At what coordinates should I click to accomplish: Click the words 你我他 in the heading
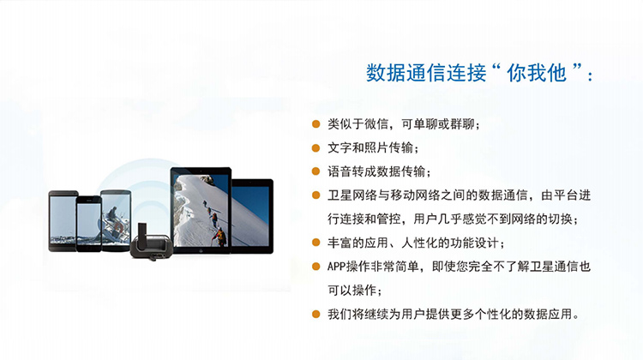[537, 73]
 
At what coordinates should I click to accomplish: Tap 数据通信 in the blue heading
[406, 73]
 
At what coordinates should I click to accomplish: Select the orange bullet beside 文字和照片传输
[315, 148]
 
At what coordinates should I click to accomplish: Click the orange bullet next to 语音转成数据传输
[315, 171]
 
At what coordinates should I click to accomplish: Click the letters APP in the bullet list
[337, 267]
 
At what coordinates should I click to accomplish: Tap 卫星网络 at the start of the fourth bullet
[352, 195]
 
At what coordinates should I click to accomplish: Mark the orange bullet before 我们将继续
[315, 315]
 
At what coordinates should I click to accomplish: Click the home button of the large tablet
[201, 250]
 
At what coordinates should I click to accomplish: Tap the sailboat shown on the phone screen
[111, 225]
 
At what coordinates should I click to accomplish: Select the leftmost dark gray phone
[63, 220]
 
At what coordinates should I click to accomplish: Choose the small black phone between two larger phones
[88, 224]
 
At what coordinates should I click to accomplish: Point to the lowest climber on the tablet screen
[220, 237]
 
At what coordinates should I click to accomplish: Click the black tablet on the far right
[252, 216]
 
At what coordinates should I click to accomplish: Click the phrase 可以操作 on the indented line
[352, 291]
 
